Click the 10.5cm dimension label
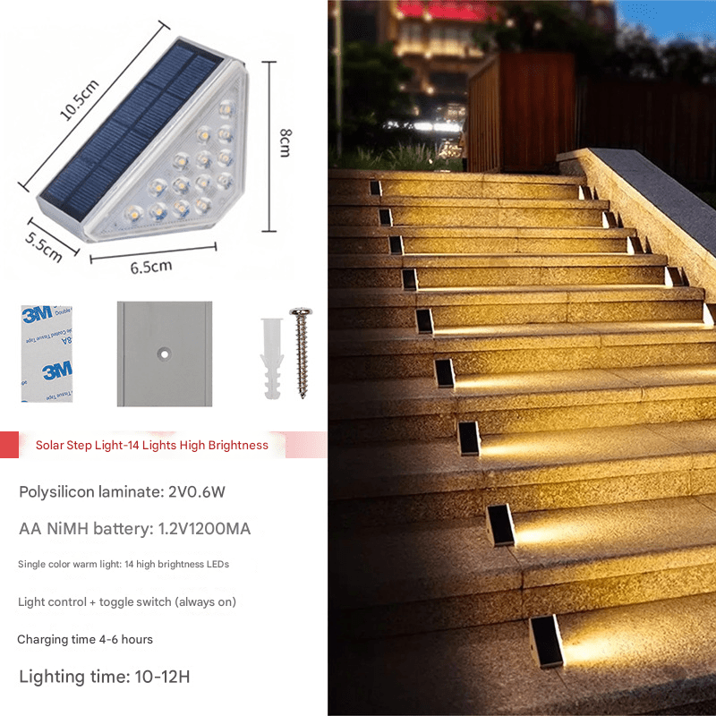pyautogui.click(x=80, y=100)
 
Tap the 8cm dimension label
pyautogui.click(x=286, y=143)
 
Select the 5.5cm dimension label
pyautogui.click(x=43, y=247)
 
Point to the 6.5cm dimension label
pyautogui.click(x=151, y=267)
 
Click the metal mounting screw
pyautogui.click(x=302, y=353)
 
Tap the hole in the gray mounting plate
pyautogui.click(x=164, y=354)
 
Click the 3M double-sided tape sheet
pyautogui.click(x=47, y=354)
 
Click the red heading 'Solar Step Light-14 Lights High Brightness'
pyautogui.click(x=151, y=445)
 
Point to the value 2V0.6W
pyautogui.click(x=197, y=491)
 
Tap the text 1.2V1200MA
pyautogui.click(x=204, y=529)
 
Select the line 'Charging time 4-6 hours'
pyautogui.click(x=85, y=639)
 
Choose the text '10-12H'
pyautogui.click(x=162, y=677)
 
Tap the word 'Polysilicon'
pyautogui.click(x=56, y=491)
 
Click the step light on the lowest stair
pyautogui.click(x=547, y=642)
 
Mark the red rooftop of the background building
pyautogui.click(x=445, y=11)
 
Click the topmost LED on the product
pyautogui.click(x=226, y=109)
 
